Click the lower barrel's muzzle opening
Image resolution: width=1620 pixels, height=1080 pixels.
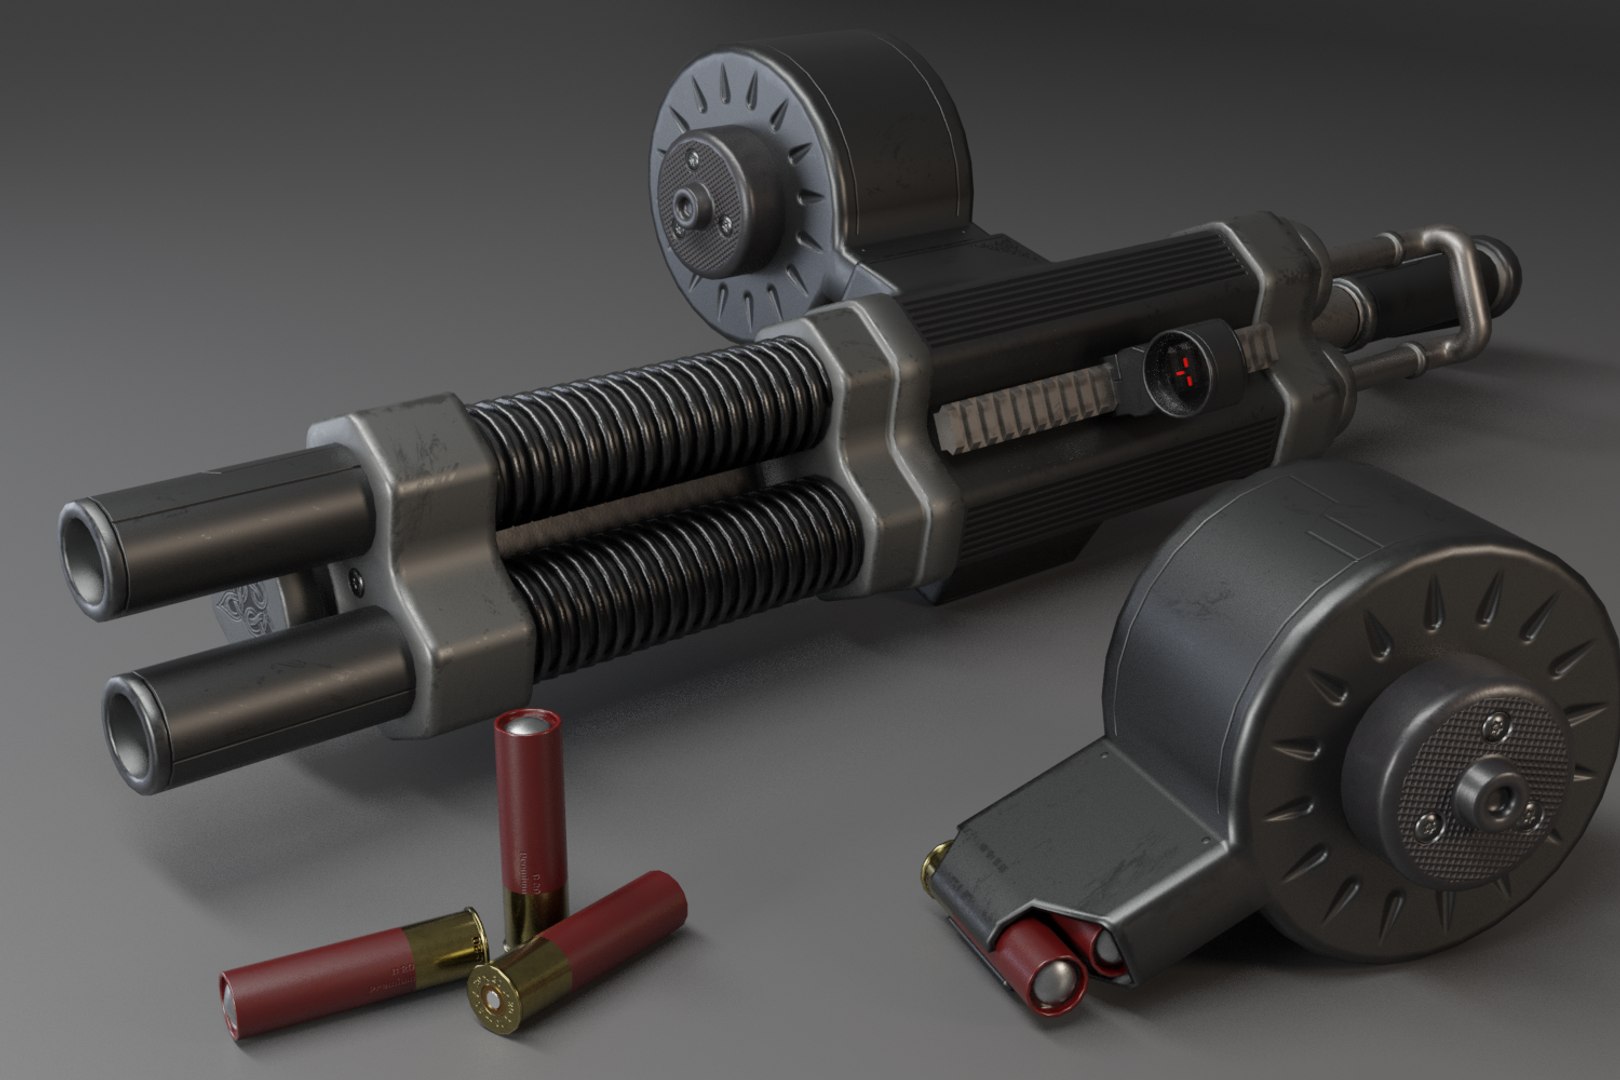pos(134,716)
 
